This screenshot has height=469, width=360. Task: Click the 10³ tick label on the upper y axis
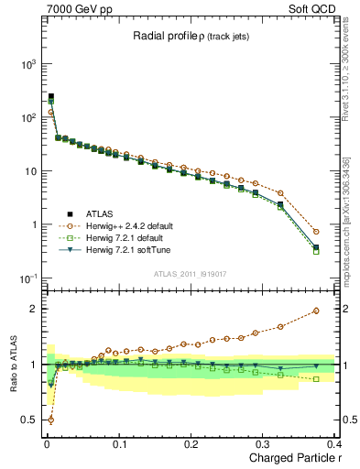pyautogui.click(x=25, y=64)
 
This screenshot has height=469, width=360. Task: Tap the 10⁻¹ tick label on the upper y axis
pyautogui.click(x=25, y=278)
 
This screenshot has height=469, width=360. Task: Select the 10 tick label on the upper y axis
pyautogui.click(x=28, y=171)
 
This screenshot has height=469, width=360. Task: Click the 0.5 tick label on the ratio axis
pyautogui.click(x=27, y=420)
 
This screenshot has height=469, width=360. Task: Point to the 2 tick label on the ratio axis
pyautogui.click(x=32, y=308)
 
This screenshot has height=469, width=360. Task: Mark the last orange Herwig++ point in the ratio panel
pyautogui.click(x=316, y=311)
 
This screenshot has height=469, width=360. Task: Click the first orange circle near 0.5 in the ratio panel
pyautogui.click(x=49, y=420)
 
